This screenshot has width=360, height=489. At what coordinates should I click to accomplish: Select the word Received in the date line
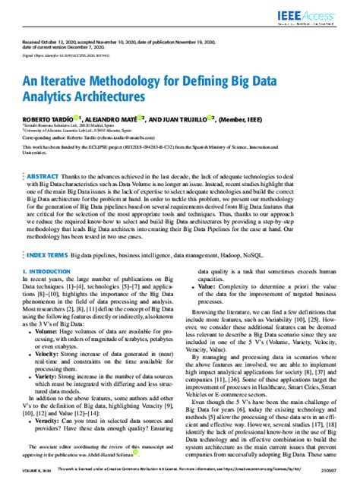pyautogui.click(x=33, y=42)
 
